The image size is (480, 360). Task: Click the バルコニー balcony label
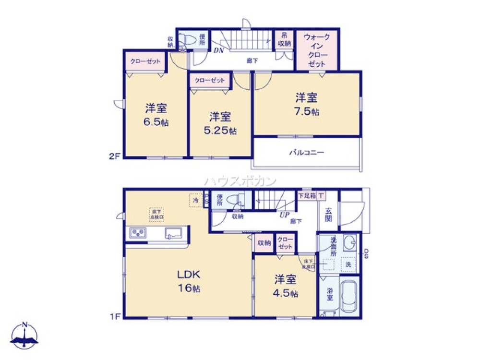[307, 153]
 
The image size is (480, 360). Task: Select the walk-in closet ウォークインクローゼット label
[317, 50]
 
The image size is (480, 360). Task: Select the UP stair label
[285, 215]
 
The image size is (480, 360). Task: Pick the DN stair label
[219, 50]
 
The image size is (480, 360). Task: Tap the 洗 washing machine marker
[348, 264]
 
